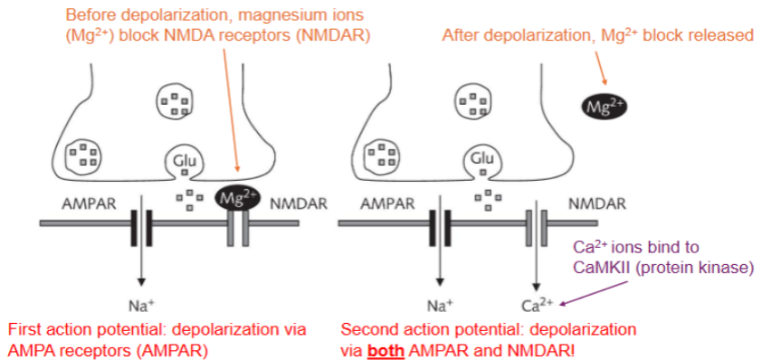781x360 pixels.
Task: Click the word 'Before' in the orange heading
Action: point(92,15)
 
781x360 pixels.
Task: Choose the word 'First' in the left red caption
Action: point(24,327)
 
